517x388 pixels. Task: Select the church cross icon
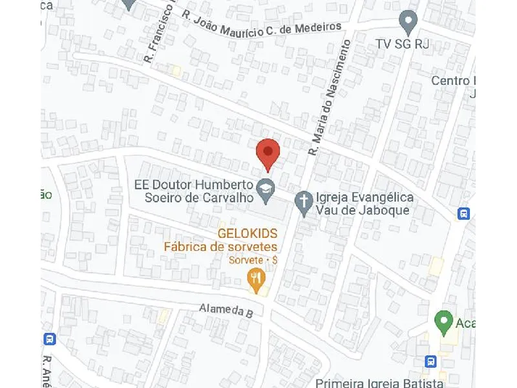[x=304, y=202]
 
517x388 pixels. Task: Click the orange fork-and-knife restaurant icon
[x=258, y=280]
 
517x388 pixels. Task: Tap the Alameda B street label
[x=226, y=311]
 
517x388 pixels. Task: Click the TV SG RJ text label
[x=403, y=45]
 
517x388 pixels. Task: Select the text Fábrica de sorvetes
[x=220, y=247]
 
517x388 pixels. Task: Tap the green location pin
[x=443, y=319]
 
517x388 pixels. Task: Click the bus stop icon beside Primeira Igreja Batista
[x=430, y=361]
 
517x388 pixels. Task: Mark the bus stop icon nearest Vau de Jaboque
[x=463, y=213]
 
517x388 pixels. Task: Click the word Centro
[x=452, y=81]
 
